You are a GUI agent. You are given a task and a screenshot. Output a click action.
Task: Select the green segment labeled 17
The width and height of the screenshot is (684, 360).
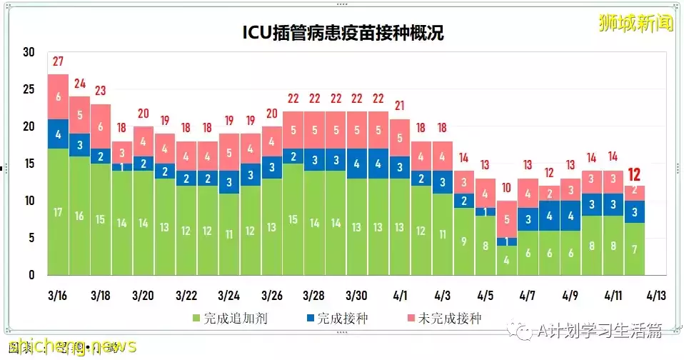tap(58, 211)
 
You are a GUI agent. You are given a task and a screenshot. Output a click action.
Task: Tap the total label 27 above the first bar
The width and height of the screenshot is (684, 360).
tap(58, 60)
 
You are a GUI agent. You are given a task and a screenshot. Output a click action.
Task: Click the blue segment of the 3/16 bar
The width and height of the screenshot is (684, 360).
tap(58, 134)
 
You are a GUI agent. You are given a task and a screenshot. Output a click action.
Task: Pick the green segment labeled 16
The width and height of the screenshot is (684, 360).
tap(79, 215)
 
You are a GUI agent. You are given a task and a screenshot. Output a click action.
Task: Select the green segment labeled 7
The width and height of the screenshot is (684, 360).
tap(635, 249)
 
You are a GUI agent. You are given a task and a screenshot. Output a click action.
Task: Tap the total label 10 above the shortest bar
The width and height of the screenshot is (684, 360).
tap(507, 188)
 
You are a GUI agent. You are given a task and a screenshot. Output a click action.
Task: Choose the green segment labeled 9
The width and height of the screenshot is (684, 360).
tap(464, 241)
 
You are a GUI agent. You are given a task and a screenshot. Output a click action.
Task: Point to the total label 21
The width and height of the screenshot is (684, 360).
tap(400, 105)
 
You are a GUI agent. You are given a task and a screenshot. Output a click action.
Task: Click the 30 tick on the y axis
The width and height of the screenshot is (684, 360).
tap(29, 52)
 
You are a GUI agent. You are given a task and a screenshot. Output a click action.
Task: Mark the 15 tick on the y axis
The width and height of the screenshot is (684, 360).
tap(29, 164)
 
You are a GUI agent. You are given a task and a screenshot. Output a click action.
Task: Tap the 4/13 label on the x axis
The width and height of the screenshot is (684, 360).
tap(655, 294)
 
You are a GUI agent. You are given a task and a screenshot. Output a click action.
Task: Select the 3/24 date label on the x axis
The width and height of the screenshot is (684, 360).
tap(228, 294)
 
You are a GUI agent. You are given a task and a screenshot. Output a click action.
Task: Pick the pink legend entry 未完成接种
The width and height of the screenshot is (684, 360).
tap(441, 318)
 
